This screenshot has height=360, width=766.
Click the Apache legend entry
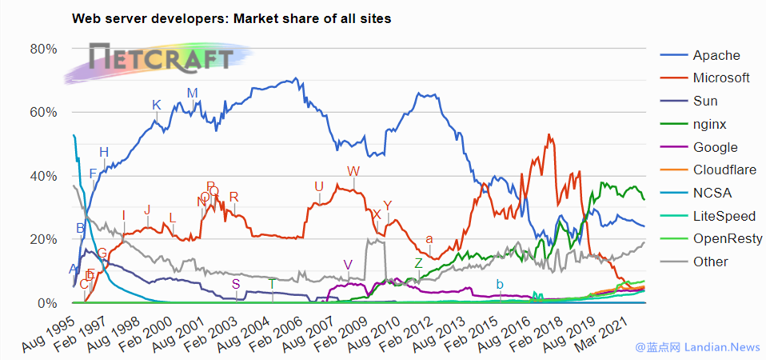716,55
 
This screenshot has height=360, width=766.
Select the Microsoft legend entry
720,78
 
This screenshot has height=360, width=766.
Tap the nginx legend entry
709,124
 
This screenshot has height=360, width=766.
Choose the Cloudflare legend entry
724,170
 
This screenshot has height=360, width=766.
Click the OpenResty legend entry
726,238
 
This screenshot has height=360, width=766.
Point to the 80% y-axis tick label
44,49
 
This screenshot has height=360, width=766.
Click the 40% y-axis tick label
44,176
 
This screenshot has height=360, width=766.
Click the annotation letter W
353,171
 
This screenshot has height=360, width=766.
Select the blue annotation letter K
157,105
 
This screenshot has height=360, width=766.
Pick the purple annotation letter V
347,265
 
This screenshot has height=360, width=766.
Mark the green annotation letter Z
418,263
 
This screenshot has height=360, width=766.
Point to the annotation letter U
319,187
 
